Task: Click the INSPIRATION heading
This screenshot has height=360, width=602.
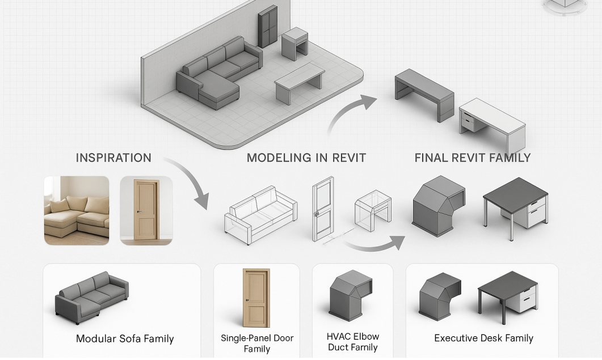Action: pos(113,158)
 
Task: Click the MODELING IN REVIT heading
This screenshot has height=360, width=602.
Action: pos(306,158)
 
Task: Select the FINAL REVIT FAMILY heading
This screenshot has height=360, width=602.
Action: pos(472,158)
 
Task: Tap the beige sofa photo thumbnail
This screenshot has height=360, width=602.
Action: pos(77,210)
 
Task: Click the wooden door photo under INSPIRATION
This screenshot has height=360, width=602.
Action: pos(146,210)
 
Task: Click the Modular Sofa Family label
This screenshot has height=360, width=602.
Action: pos(125,339)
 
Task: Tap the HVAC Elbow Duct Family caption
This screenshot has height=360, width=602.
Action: pos(352,342)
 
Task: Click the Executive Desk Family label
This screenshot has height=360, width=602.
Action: pos(483,338)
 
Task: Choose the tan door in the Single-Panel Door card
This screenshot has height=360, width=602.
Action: pos(256,297)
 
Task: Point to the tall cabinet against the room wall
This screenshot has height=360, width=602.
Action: pos(268,27)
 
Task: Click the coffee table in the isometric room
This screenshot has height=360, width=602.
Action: pos(299,82)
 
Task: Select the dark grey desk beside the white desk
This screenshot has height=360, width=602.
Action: pos(424,94)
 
